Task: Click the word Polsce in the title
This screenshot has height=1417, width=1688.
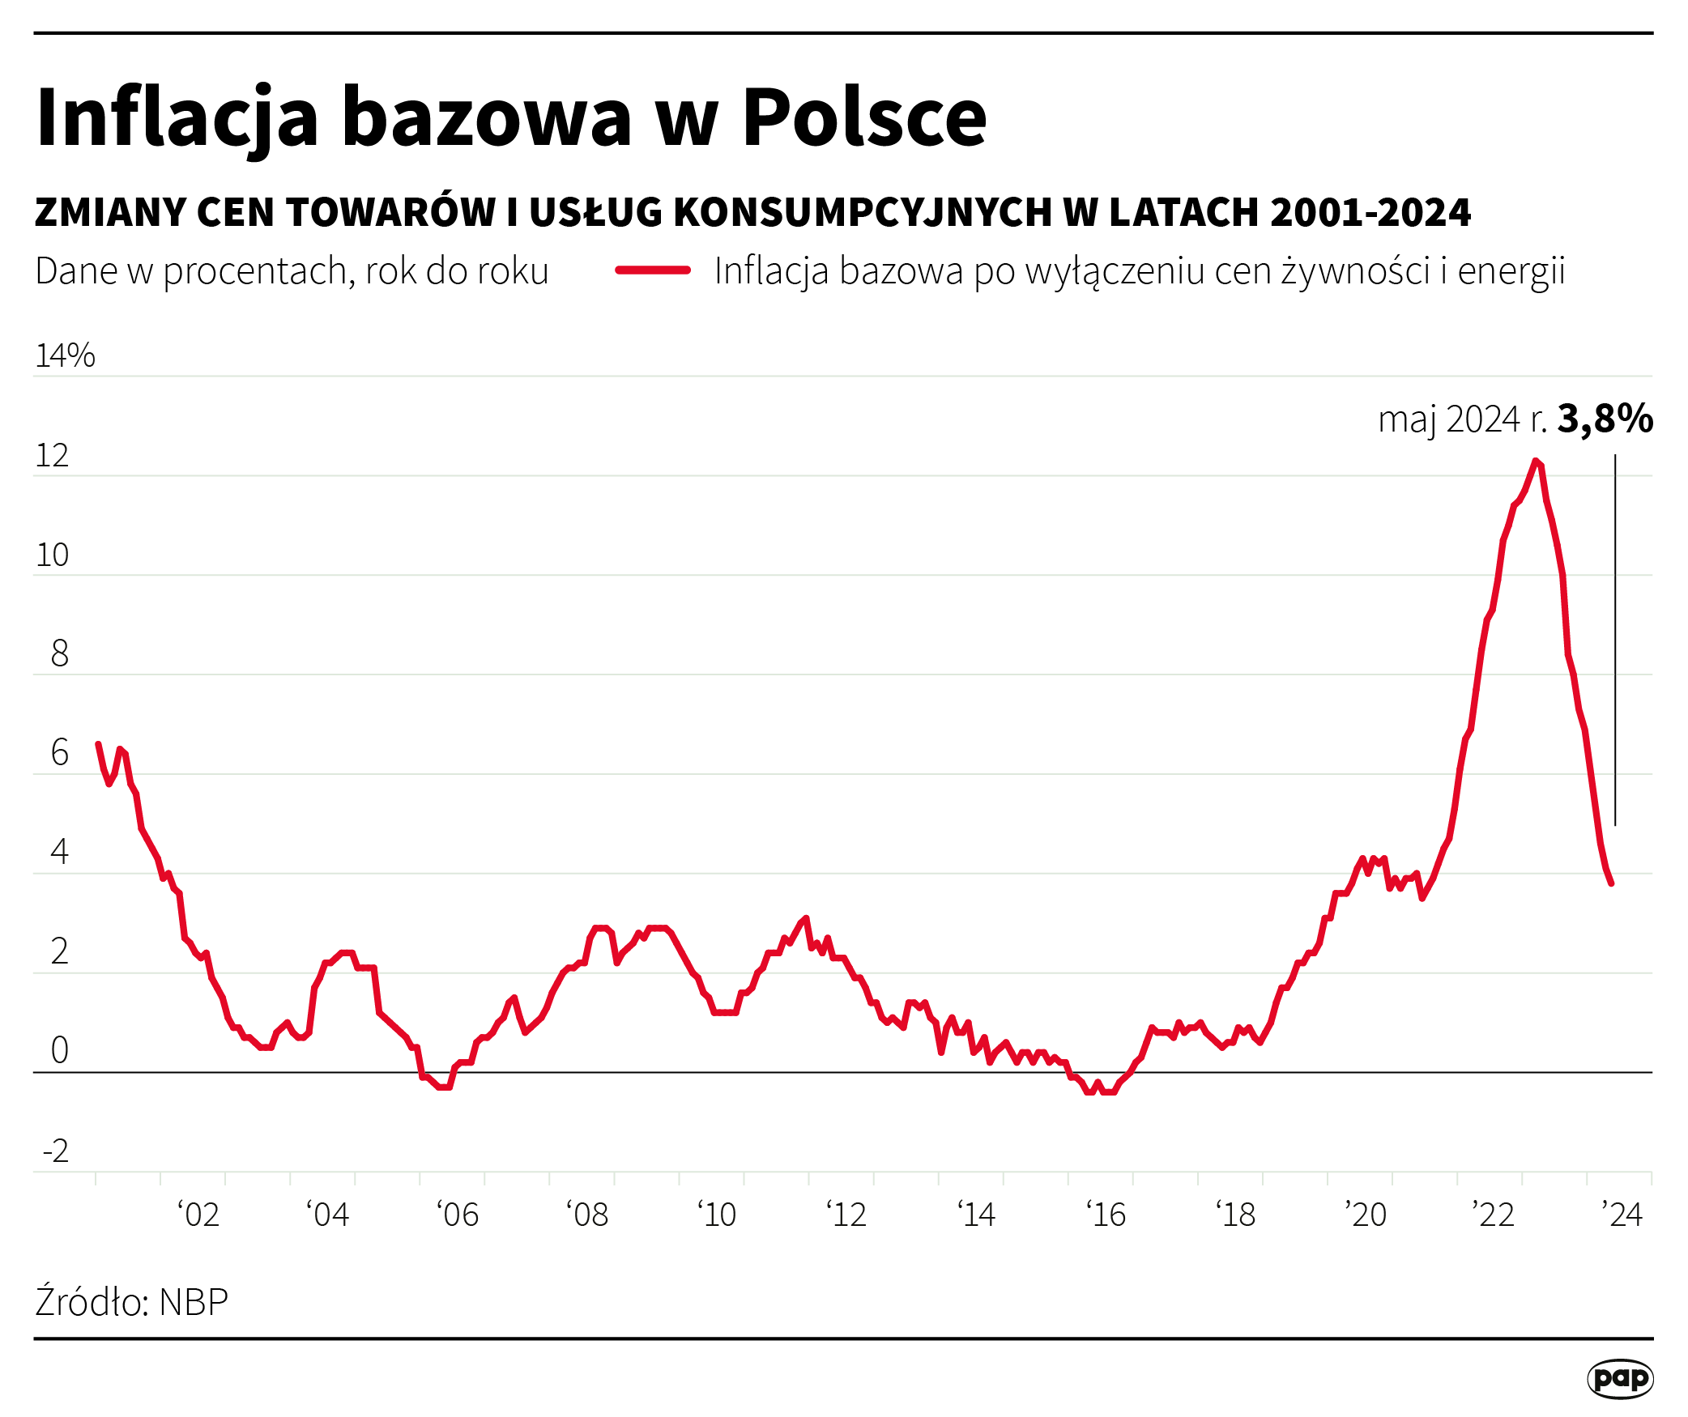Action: coord(864,118)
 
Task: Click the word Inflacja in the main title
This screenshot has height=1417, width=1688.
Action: coord(177,118)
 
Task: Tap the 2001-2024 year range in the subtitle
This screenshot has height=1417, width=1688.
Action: coord(1370,212)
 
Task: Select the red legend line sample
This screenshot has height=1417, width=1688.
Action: coord(652,270)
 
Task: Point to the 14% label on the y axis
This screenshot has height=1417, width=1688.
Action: coord(65,355)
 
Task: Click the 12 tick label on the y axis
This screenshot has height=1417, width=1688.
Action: coord(52,456)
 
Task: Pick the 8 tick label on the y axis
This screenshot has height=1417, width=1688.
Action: coord(59,653)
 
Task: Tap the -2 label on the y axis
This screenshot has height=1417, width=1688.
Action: coord(55,1150)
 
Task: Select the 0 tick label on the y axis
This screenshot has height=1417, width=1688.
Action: coord(59,1050)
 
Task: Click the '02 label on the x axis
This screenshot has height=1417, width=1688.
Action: coord(198,1215)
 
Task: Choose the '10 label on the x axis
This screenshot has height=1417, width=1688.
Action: coord(717,1215)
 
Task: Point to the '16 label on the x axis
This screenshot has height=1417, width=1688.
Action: coord(1106,1215)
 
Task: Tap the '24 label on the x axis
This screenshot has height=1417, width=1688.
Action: coord(1622,1215)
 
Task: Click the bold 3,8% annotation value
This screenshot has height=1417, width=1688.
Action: coord(1605,419)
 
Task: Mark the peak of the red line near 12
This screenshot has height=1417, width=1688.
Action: coord(1535,461)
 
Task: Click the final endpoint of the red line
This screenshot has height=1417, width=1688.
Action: coord(1611,883)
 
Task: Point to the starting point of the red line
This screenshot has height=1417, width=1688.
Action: coord(98,744)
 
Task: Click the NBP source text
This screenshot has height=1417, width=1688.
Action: coord(194,1303)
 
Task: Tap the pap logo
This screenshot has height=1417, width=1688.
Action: coord(1619,1378)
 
